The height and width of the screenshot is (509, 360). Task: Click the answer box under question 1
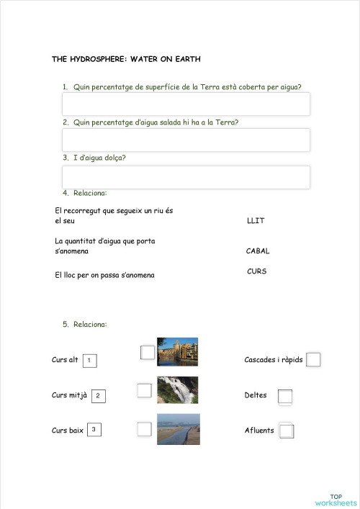pos(186,104)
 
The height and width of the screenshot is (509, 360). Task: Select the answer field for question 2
pos(186,140)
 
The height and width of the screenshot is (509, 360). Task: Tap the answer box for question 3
pos(186,177)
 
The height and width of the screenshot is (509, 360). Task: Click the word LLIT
pos(256,221)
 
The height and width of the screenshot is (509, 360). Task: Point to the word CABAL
pos(258,251)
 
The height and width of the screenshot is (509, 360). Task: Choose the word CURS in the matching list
pos(257,271)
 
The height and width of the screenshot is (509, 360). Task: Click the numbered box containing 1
pos(89,360)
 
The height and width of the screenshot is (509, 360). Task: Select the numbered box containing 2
pos(99,395)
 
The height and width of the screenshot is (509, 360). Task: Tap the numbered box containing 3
pos(94,430)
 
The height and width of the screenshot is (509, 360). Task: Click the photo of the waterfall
pos(177,389)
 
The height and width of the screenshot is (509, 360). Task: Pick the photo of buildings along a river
pos(177,352)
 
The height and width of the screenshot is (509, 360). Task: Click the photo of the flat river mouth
pos(178,429)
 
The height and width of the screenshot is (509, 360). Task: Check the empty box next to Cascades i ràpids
pos(313,360)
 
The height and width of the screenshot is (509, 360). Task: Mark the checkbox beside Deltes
pos(285,396)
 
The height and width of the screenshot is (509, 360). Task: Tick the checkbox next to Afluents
pos(286,431)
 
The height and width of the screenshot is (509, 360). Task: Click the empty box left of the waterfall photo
pos(145,390)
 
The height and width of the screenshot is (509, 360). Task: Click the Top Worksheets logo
pos(336,500)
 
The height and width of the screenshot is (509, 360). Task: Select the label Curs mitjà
pos(69,395)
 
